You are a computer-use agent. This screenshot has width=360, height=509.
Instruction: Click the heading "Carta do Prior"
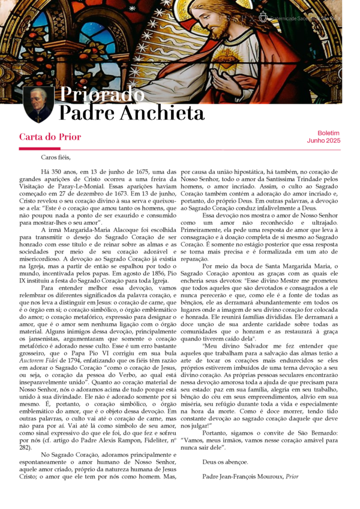pyautogui.click(x=50, y=137)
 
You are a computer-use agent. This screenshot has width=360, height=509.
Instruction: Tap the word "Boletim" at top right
pyautogui.click(x=328, y=132)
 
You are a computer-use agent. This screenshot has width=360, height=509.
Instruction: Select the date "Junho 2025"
pyautogui.click(x=324, y=140)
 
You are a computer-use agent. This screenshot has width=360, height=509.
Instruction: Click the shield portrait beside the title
pyautogui.click(x=38, y=103)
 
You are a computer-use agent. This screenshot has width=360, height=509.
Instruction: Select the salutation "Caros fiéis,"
pyautogui.click(x=56, y=158)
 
